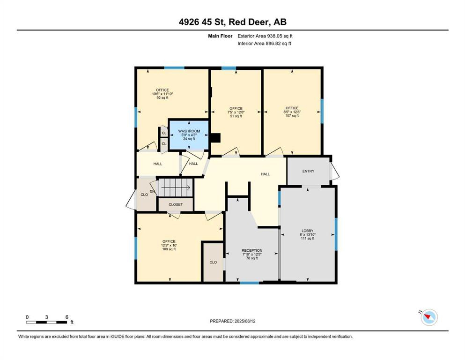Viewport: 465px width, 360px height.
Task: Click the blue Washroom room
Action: click(x=189, y=135)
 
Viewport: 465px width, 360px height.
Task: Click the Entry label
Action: click(x=308, y=171)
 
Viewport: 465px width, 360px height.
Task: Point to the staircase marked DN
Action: click(x=174, y=188)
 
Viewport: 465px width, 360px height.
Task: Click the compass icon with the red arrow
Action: click(x=428, y=317)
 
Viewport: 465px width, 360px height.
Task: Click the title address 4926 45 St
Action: click(x=232, y=22)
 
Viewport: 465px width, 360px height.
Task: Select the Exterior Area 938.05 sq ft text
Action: click(x=266, y=36)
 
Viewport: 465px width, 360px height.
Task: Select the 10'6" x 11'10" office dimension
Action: click(x=162, y=94)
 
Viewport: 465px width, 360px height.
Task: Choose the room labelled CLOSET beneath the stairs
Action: click(x=176, y=205)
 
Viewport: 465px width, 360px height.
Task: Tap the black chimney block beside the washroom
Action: click(x=215, y=138)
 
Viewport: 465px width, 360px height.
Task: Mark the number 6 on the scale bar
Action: click(x=67, y=317)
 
